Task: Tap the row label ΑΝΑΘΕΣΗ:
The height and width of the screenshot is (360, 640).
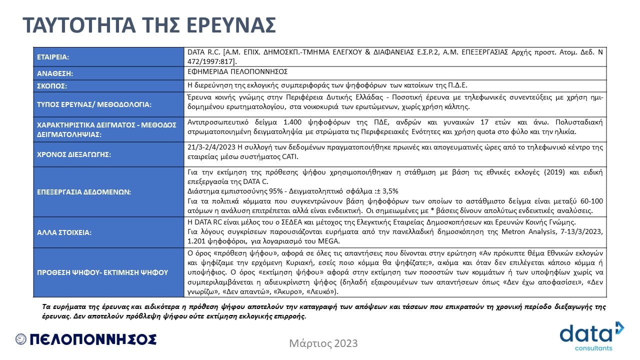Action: pos(55,73)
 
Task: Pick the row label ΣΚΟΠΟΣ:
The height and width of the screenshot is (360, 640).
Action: pos(52,86)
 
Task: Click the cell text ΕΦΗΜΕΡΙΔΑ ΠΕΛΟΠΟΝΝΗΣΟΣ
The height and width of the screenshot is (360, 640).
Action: pos(237,71)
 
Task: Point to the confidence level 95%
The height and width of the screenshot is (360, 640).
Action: pos(265,190)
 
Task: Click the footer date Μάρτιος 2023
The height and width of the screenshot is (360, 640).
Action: pos(323,343)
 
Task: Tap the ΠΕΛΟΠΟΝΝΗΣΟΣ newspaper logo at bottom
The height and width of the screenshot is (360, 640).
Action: pos(86,339)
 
